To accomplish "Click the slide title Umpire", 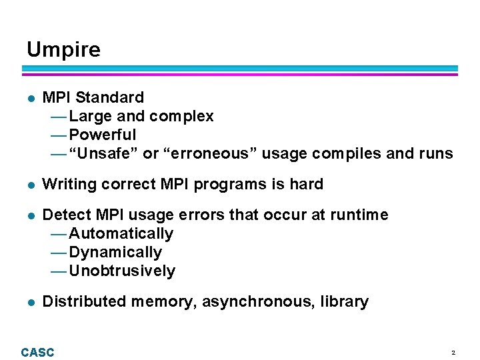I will (63, 50).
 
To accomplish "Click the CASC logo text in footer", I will (37, 352).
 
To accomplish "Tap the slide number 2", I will (453, 352).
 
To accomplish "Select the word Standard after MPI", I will (109, 97).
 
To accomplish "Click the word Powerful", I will (102, 135).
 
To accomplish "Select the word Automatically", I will (121, 233).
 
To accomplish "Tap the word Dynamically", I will (115, 252).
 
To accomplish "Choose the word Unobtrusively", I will (122, 271).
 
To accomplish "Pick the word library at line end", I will (344, 302).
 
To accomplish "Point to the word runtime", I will (358, 215).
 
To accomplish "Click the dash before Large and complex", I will (58, 117).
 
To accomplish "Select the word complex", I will (181, 117).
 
